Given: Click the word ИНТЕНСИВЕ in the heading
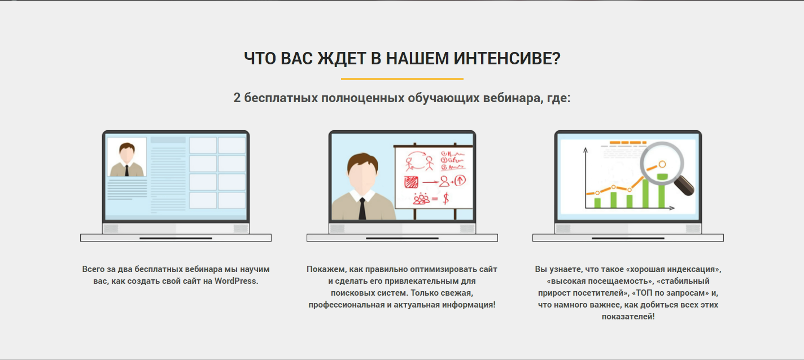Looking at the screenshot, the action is [506, 58].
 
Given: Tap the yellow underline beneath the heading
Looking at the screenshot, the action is [402, 79].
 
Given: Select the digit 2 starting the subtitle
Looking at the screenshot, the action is [237, 98].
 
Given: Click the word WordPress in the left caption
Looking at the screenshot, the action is [236, 281].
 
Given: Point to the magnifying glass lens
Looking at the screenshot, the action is [662, 163].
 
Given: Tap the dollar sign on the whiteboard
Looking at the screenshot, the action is [446, 198].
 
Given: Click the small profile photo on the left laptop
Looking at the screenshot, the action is [126, 157].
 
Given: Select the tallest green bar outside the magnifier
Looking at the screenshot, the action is [645, 194].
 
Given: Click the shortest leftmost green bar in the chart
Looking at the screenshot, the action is [597, 203].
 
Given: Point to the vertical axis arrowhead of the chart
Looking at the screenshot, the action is [585, 150].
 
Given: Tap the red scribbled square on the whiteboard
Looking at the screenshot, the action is [411, 182].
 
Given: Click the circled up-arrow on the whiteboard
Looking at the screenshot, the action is [460, 180].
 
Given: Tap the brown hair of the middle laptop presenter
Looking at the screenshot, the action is [362, 161].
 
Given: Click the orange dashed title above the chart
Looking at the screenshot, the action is [628, 143].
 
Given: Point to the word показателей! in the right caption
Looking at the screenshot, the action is [628, 316].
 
